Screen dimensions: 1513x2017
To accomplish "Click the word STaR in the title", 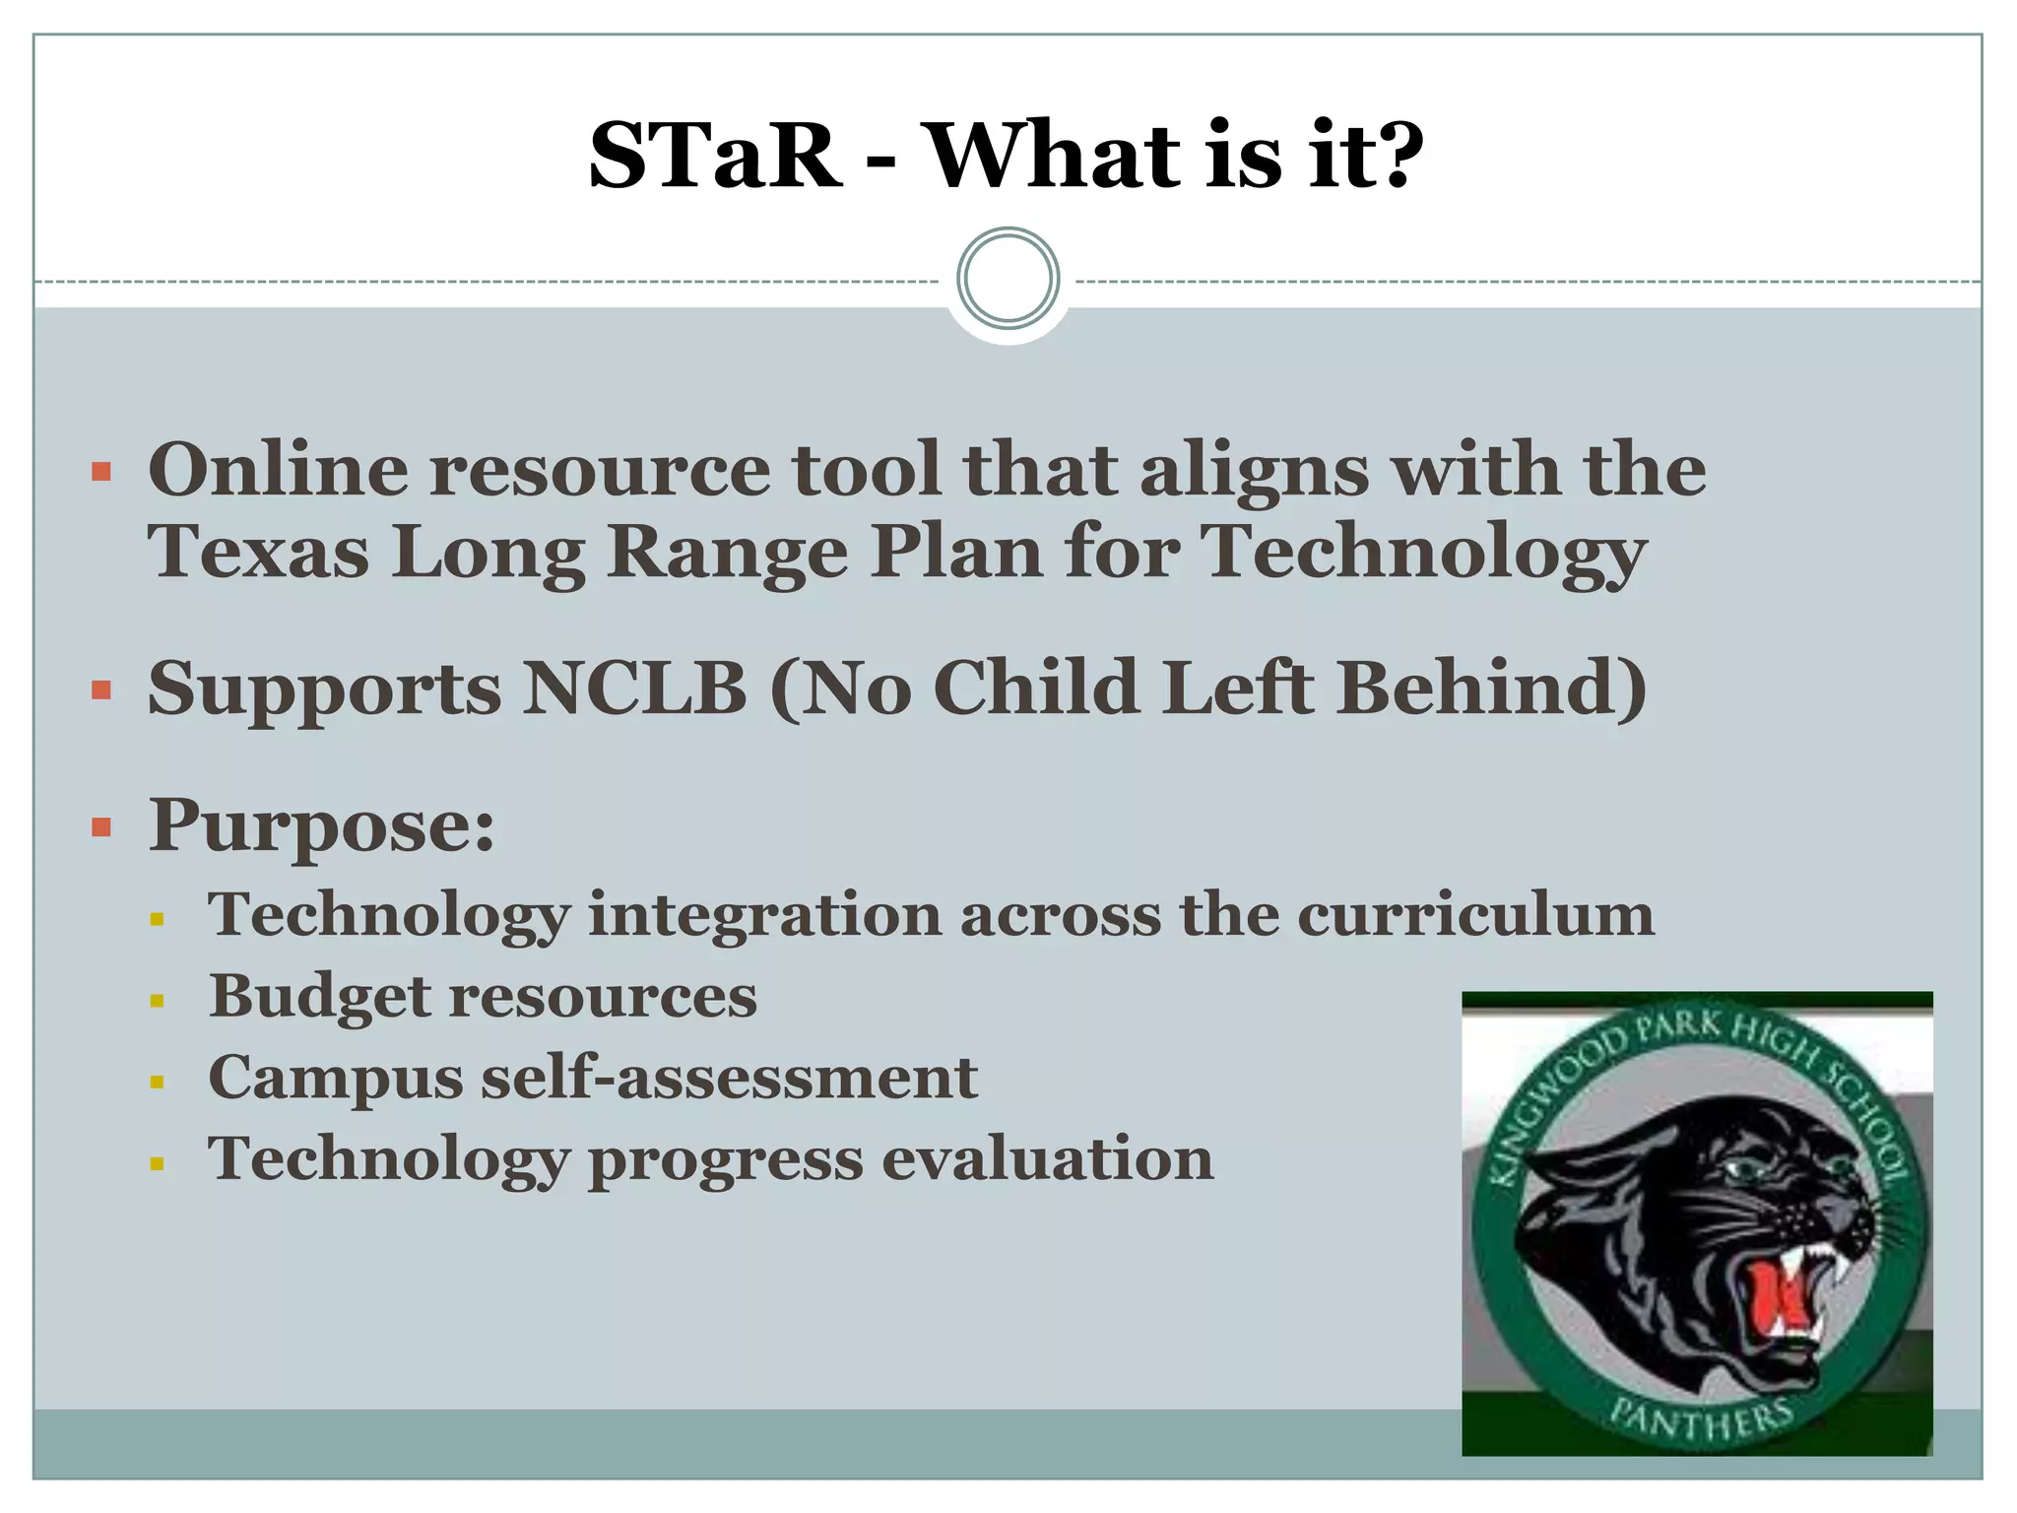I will [715, 156].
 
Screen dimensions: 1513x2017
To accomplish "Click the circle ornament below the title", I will [1008, 279].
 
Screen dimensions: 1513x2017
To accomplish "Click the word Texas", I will [258, 552].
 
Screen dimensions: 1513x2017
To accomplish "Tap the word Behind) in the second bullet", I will [1491, 688].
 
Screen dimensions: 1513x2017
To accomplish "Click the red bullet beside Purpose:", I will [101, 825].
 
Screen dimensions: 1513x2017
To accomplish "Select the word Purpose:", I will [321, 825].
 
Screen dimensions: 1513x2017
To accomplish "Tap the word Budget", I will [320, 997].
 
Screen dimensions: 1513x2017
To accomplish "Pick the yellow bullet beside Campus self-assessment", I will [157, 1083].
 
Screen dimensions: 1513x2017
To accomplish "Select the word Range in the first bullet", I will [727, 552].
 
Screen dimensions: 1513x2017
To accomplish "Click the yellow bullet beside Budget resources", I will [157, 1002].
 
